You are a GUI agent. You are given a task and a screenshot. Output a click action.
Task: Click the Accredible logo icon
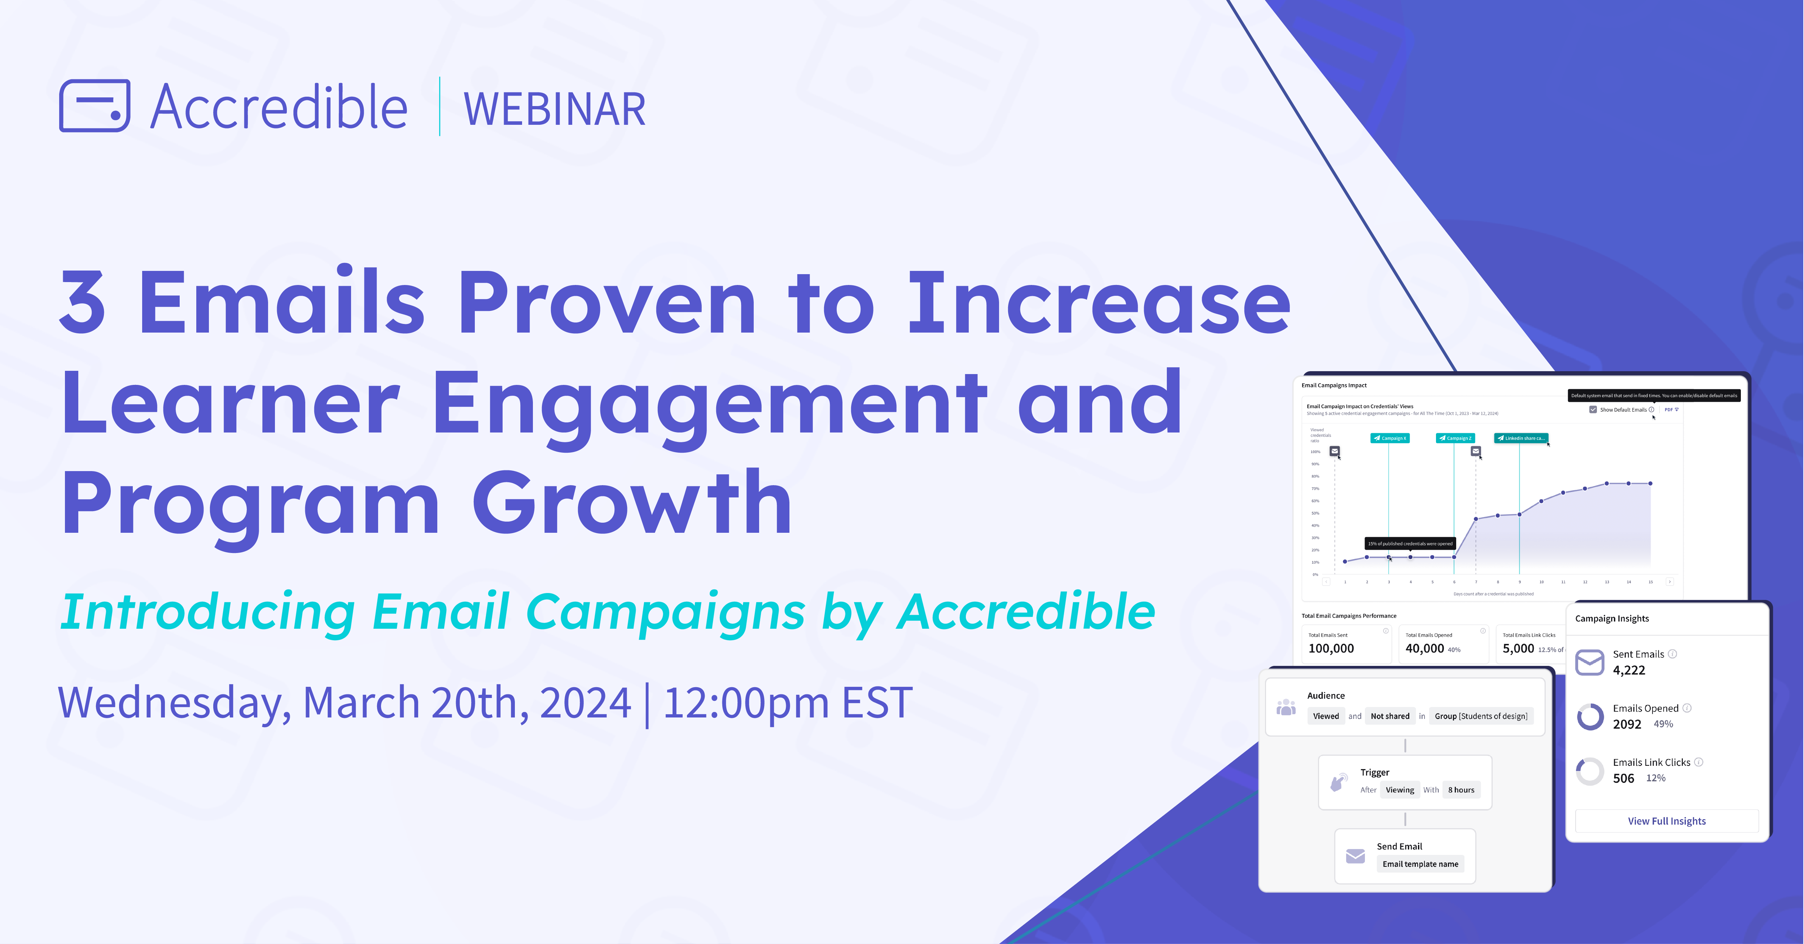pos(95,106)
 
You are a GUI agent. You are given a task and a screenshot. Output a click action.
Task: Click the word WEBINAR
pos(554,110)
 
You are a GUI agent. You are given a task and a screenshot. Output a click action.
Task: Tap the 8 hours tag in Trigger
pos(1461,790)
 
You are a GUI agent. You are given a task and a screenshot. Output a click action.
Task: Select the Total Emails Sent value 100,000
pos(1331,649)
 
